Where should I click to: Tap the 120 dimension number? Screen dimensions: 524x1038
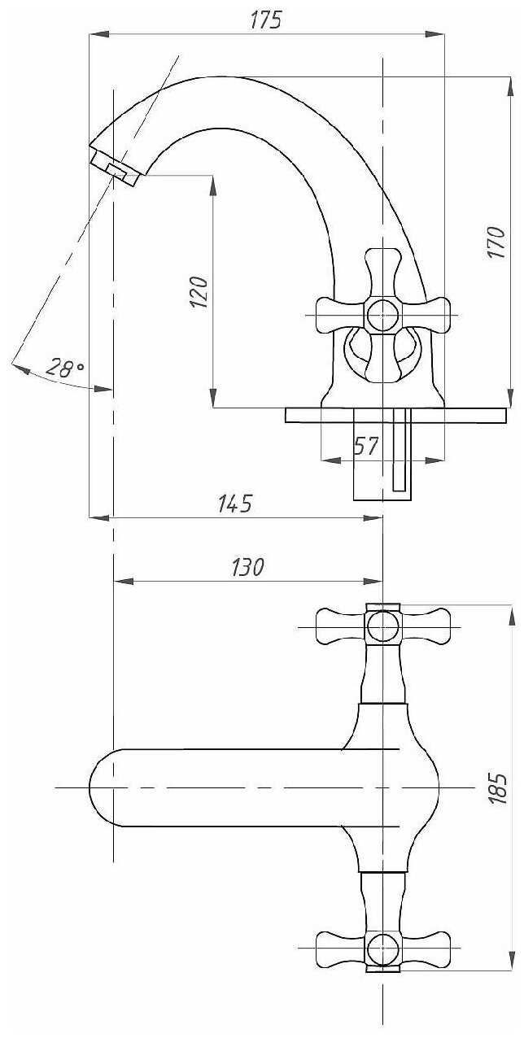(x=199, y=292)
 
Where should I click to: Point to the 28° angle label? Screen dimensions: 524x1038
(x=65, y=368)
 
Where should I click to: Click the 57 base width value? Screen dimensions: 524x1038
(x=366, y=447)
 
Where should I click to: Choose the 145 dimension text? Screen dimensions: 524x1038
(x=235, y=504)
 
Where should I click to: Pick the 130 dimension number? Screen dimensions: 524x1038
(x=248, y=567)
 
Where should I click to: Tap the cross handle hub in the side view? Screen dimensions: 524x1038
(x=382, y=315)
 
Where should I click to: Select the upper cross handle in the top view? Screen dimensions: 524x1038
(x=382, y=626)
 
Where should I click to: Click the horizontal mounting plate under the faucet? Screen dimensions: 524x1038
(x=395, y=415)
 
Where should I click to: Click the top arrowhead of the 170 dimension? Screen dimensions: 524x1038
(x=510, y=87)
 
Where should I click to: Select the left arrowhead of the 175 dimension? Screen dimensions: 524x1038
(x=99, y=34)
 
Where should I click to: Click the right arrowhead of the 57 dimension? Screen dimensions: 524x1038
(x=434, y=460)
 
